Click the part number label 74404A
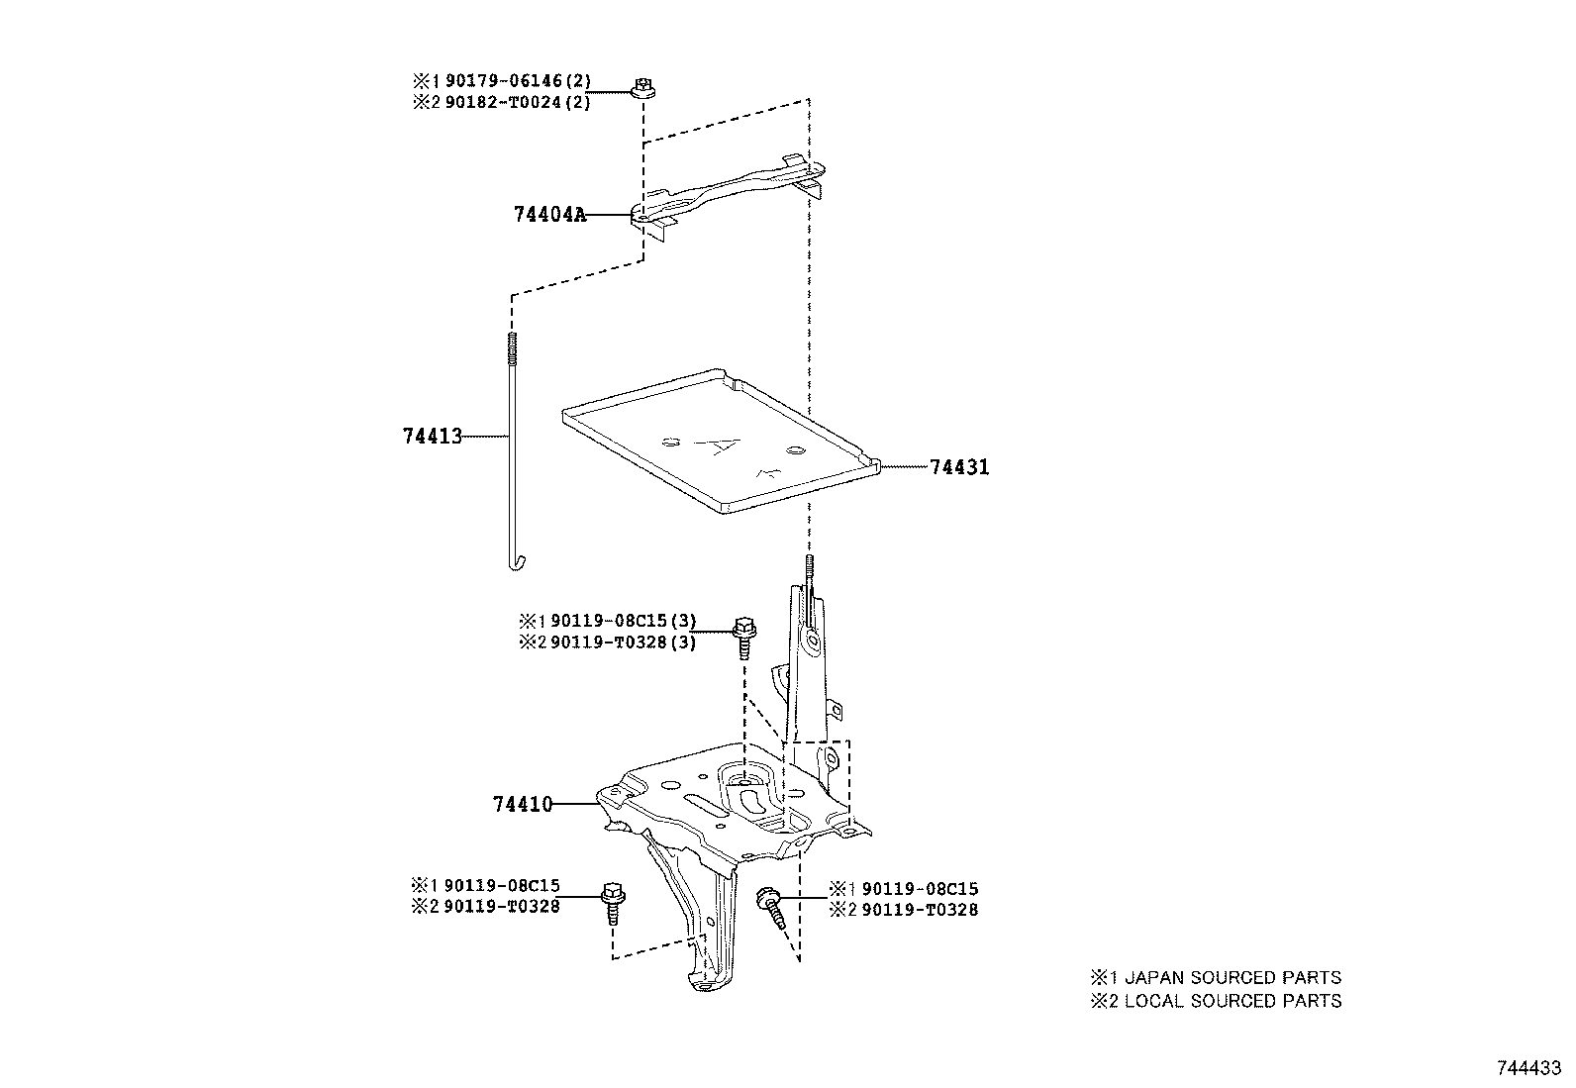click(x=549, y=214)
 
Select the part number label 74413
click(x=433, y=436)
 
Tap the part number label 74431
click(x=959, y=467)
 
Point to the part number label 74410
click(x=522, y=805)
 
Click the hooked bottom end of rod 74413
click(x=516, y=563)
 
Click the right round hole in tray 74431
click(x=793, y=451)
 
